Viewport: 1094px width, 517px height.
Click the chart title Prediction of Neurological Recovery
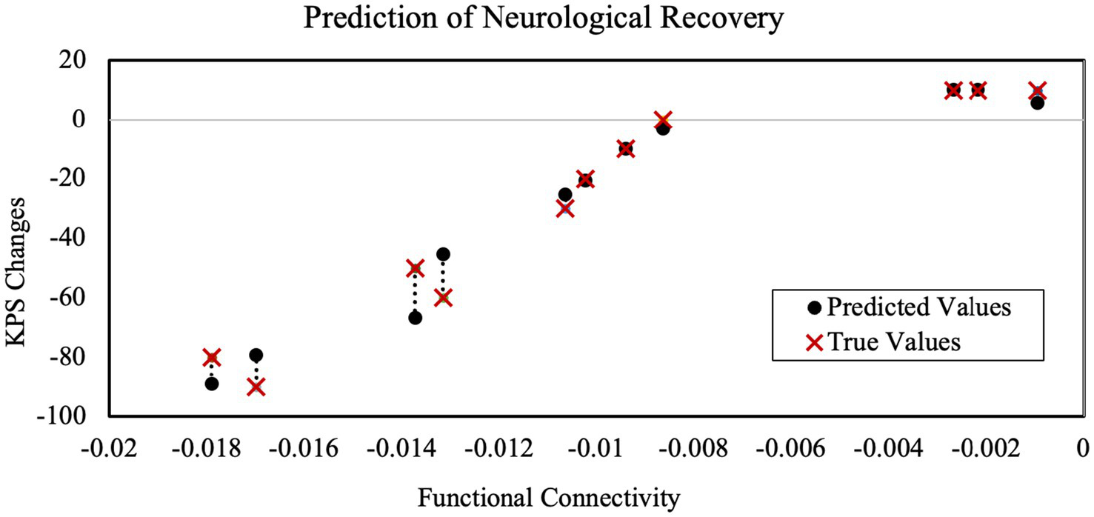pos(543,20)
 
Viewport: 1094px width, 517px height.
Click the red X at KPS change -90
pos(256,387)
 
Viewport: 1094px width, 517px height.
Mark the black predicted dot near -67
pos(415,318)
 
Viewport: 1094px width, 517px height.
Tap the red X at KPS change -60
pos(443,298)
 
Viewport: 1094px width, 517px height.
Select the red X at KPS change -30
pos(565,208)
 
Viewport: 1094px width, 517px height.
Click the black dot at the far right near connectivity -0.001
pos(1037,103)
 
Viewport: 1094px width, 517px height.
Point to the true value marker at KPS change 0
pos(663,119)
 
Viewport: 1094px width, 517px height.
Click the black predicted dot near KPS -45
pos(443,254)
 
